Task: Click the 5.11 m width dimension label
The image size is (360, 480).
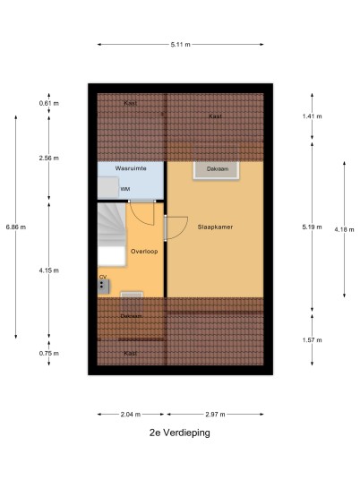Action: click(x=180, y=45)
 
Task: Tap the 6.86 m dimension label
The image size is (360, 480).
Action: click(x=16, y=227)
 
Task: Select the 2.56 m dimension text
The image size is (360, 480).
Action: click(x=49, y=158)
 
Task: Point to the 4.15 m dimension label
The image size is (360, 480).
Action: click(x=49, y=270)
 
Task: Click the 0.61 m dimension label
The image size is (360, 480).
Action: click(x=49, y=103)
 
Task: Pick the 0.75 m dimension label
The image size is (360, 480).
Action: click(x=49, y=353)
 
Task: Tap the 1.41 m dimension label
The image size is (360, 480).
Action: click(x=313, y=116)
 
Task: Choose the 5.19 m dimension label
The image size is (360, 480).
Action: click(x=313, y=227)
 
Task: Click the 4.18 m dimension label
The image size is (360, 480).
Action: click(x=345, y=229)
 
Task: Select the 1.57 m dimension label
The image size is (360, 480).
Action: click(x=313, y=340)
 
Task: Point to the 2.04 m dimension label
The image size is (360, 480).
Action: click(x=131, y=415)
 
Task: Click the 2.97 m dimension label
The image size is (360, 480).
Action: click(x=215, y=415)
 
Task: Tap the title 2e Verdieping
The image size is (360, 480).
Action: click(x=180, y=433)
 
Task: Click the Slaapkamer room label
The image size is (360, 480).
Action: click(x=215, y=227)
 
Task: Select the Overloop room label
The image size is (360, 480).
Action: click(x=144, y=252)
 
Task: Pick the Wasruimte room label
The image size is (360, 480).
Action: click(x=131, y=168)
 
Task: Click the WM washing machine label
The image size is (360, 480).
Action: click(x=125, y=189)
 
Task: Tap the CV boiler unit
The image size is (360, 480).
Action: click(x=104, y=287)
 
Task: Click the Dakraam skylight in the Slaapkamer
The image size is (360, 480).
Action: click(x=216, y=170)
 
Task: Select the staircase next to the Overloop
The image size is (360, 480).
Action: click(x=112, y=235)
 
